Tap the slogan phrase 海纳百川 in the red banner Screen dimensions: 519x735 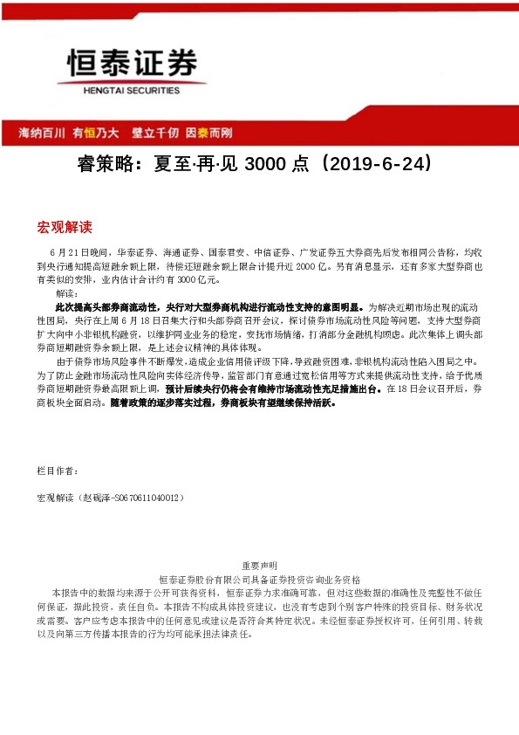tap(42, 134)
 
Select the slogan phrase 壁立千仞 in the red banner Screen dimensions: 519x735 tap(155, 134)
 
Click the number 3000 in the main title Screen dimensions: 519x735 tap(267, 164)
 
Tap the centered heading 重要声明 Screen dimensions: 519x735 tap(258, 566)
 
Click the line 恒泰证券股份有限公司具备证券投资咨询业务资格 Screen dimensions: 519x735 tap(258, 579)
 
